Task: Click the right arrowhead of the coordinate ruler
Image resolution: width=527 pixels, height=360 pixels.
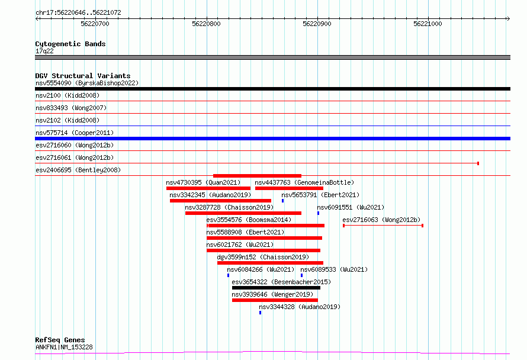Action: [x=509, y=19]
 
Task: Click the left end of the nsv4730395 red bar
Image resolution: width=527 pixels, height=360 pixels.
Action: [x=166, y=188]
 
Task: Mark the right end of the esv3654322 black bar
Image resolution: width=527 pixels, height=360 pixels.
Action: [x=320, y=288]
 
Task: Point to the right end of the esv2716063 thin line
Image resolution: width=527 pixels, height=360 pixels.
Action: [x=422, y=226]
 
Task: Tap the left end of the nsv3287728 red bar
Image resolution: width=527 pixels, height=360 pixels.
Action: [x=185, y=213]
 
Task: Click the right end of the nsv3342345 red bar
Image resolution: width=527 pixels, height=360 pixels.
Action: [x=271, y=201]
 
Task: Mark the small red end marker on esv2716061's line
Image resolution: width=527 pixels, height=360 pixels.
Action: [x=478, y=163]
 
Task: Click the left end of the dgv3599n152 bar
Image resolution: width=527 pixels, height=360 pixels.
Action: [x=217, y=263]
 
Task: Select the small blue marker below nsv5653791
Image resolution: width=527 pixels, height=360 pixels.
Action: [x=282, y=201]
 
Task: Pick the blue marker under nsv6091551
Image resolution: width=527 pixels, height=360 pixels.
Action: [x=319, y=213]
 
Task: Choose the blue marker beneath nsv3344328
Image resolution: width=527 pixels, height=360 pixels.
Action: [x=260, y=313]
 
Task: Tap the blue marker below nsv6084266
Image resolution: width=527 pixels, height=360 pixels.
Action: [x=228, y=275]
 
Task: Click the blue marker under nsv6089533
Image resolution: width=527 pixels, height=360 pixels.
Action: [x=301, y=275]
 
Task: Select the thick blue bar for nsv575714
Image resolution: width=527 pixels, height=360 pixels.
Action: [x=272, y=139]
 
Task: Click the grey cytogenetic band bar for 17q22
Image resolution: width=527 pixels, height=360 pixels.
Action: [x=272, y=57]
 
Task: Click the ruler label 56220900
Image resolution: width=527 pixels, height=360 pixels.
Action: [x=317, y=24]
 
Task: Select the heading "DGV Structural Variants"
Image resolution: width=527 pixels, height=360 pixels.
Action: [x=83, y=76]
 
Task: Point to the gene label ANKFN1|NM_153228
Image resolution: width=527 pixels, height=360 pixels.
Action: [x=64, y=347]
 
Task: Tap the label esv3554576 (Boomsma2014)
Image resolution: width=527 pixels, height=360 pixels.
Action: [x=249, y=220]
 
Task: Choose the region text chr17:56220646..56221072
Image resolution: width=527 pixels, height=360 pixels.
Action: [x=78, y=12]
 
